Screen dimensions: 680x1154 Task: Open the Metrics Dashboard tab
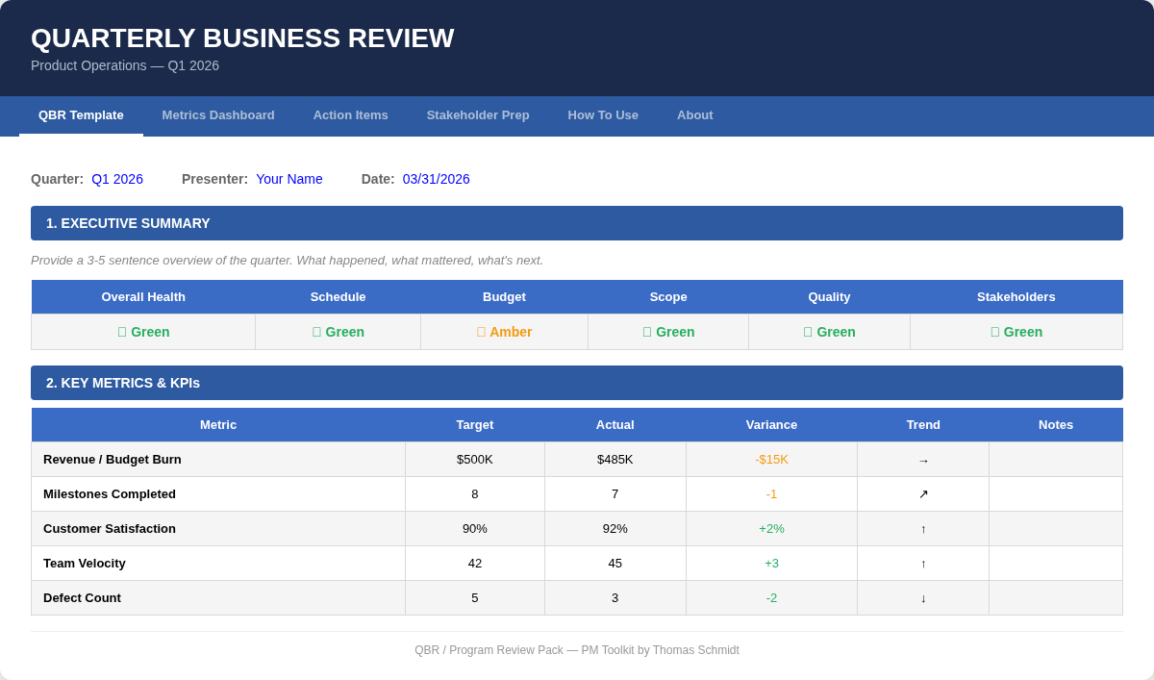point(218,115)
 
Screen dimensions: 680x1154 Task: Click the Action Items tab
point(350,115)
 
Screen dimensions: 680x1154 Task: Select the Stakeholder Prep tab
point(478,115)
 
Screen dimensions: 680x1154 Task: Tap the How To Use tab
point(603,115)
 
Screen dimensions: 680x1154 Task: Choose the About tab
point(695,115)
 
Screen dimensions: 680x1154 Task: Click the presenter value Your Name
point(289,179)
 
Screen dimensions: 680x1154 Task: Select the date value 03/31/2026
point(437,179)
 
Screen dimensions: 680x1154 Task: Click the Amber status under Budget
point(505,332)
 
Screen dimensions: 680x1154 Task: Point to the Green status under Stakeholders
point(1016,332)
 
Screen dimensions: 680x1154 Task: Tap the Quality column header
point(829,297)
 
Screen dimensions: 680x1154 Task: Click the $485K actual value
point(615,460)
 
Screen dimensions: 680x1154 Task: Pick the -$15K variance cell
point(771,460)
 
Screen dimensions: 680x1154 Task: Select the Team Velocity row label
point(85,564)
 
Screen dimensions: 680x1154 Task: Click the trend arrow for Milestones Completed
point(923,494)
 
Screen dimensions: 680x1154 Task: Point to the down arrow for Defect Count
point(923,598)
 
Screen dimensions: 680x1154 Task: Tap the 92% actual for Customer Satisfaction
point(615,529)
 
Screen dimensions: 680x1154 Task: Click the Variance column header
point(771,425)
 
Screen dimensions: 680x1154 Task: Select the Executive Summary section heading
point(128,223)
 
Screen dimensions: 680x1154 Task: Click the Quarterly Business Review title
point(242,38)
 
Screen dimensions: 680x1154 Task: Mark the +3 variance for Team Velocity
point(771,564)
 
